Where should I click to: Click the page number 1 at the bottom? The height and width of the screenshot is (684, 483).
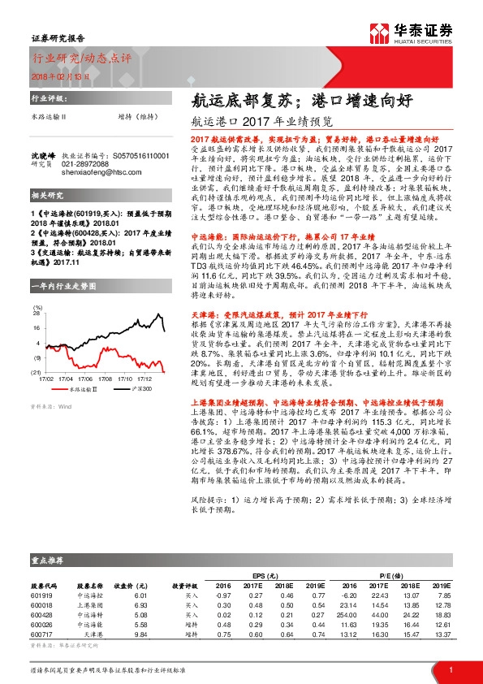point(451,669)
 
